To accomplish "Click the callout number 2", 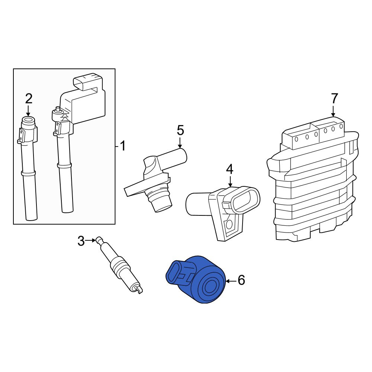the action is (29, 99).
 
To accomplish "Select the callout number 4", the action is (230, 169).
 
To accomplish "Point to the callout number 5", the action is (180, 131).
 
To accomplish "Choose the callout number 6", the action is (241, 280).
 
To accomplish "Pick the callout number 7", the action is (334, 99).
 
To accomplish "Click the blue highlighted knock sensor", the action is (195, 280).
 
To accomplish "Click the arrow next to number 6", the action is (231, 281).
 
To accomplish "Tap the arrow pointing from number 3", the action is (90, 241).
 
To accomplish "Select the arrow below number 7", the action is (333, 111).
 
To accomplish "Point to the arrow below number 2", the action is (28, 111).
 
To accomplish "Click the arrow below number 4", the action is (230, 181).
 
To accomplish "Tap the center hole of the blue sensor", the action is (209, 288).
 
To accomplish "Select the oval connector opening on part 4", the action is (245, 200).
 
